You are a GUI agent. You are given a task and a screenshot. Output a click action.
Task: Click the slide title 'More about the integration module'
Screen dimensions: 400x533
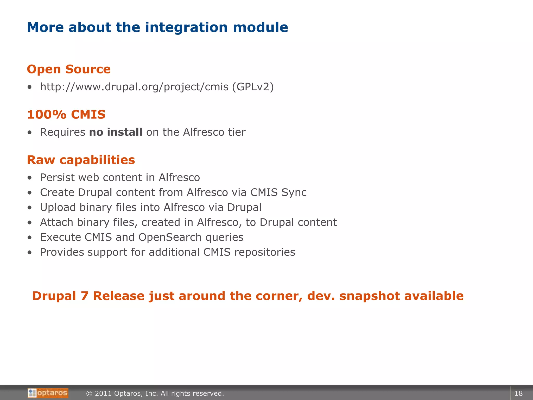coord(157,27)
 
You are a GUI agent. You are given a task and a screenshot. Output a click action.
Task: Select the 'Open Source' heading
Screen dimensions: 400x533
coord(69,69)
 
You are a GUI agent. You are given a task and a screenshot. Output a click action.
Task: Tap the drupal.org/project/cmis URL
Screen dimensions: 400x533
coord(134,87)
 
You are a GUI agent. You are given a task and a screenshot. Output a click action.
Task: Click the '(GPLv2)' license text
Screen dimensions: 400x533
coord(253,87)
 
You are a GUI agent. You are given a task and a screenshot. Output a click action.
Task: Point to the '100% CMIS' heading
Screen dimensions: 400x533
coord(66,115)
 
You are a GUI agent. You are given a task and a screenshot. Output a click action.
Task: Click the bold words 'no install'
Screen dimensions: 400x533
coord(116,132)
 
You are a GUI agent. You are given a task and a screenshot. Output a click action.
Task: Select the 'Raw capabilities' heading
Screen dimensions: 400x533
coord(81,160)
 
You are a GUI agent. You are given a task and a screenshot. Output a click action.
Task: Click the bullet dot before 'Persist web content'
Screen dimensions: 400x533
coord(30,178)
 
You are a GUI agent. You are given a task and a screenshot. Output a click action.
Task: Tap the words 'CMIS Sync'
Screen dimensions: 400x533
coord(278,192)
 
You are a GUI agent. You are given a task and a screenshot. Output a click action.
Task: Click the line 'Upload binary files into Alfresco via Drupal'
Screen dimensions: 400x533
coord(150,208)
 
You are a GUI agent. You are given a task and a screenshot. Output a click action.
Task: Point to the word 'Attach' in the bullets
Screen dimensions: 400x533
coord(56,222)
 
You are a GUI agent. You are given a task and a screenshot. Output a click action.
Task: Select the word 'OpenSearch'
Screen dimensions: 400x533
coord(170,237)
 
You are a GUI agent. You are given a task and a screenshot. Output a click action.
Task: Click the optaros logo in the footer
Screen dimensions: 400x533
coord(48,393)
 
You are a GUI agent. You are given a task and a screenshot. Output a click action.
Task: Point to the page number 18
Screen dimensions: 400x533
coord(518,393)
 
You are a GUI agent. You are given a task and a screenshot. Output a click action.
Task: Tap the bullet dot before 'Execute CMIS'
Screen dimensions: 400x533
coord(30,238)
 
